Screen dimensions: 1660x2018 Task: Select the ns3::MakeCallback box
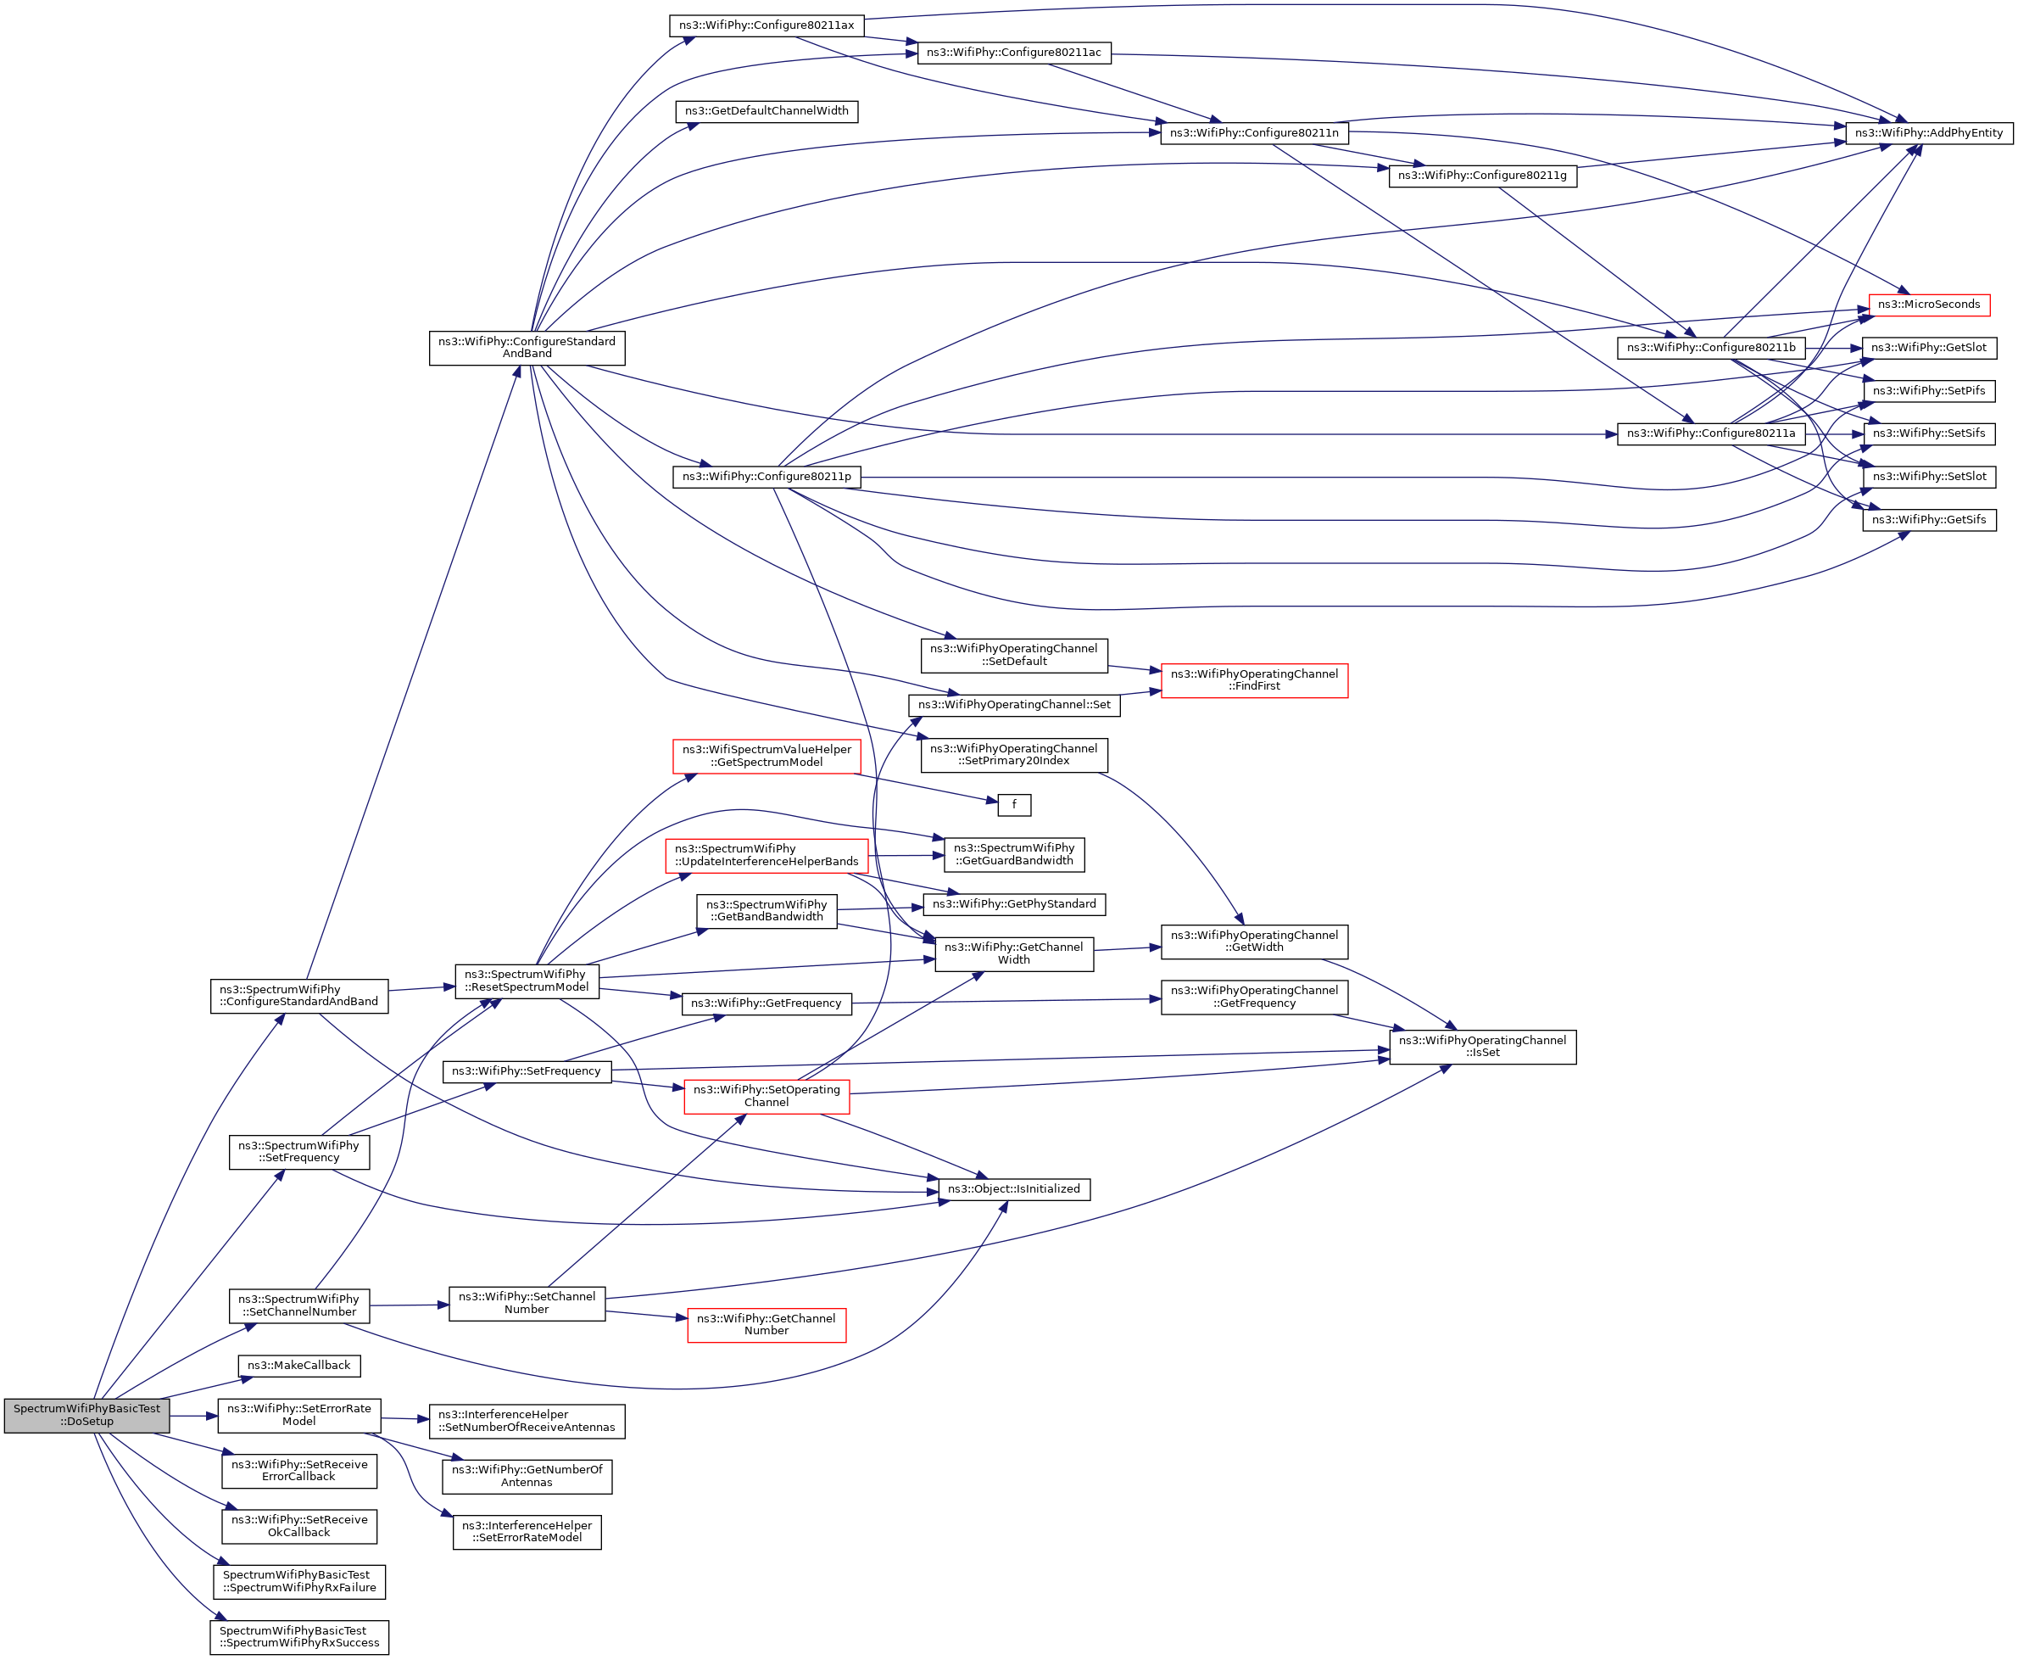tap(298, 1366)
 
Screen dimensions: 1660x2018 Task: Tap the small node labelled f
tap(1013, 804)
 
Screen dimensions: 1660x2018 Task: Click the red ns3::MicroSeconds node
tap(1928, 305)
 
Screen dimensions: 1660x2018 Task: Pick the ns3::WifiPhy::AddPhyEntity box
tap(1928, 133)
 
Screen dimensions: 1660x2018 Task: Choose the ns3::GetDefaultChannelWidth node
tap(766, 111)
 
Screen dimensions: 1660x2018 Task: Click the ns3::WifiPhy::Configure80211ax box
tap(766, 25)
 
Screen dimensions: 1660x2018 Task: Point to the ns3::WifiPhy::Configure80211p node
tap(766, 476)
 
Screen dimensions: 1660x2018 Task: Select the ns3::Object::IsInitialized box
tap(1013, 1188)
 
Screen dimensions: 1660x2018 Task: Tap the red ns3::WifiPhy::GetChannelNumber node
tap(766, 1324)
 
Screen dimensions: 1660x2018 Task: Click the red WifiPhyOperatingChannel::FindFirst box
tap(1253, 680)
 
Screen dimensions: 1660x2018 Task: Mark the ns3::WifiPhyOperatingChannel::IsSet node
tap(1482, 1046)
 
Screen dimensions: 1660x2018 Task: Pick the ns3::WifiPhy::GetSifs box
tap(1928, 519)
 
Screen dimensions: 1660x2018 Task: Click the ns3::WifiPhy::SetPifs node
tap(1928, 390)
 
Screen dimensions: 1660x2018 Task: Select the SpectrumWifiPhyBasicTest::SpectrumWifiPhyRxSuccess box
tap(298, 1637)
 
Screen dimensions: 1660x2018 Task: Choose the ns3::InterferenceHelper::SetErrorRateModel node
tap(526, 1531)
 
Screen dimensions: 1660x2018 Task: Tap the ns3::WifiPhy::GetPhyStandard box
tap(1013, 903)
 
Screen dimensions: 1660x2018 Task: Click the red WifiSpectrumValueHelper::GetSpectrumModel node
tap(766, 756)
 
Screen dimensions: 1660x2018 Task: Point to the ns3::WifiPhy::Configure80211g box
tap(1482, 176)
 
